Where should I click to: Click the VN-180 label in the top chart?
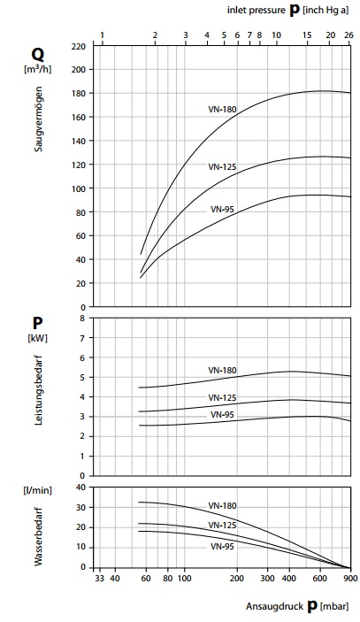(222, 109)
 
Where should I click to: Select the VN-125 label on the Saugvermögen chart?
(222, 167)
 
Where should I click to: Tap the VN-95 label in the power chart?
(222, 415)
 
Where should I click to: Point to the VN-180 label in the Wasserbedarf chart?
(222, 506)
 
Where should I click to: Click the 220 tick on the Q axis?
(78, 47)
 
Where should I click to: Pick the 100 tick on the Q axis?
(78, 188)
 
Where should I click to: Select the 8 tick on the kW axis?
(82, 318)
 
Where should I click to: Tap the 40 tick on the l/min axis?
(80, 488)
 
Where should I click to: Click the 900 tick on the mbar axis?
(350, 579)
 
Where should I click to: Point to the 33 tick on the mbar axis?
(100, 579)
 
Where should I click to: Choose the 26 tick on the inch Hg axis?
(349, 35)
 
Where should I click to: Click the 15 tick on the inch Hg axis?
(307, 35)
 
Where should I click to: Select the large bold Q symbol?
(37, 55)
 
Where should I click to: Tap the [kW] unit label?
(37, 338)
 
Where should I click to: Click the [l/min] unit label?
(37, 491)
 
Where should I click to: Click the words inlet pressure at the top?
(257, 11)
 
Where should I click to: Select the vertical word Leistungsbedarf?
(38, 390)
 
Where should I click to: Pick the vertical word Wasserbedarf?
(38, 537)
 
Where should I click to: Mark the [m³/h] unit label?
(37, 69)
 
